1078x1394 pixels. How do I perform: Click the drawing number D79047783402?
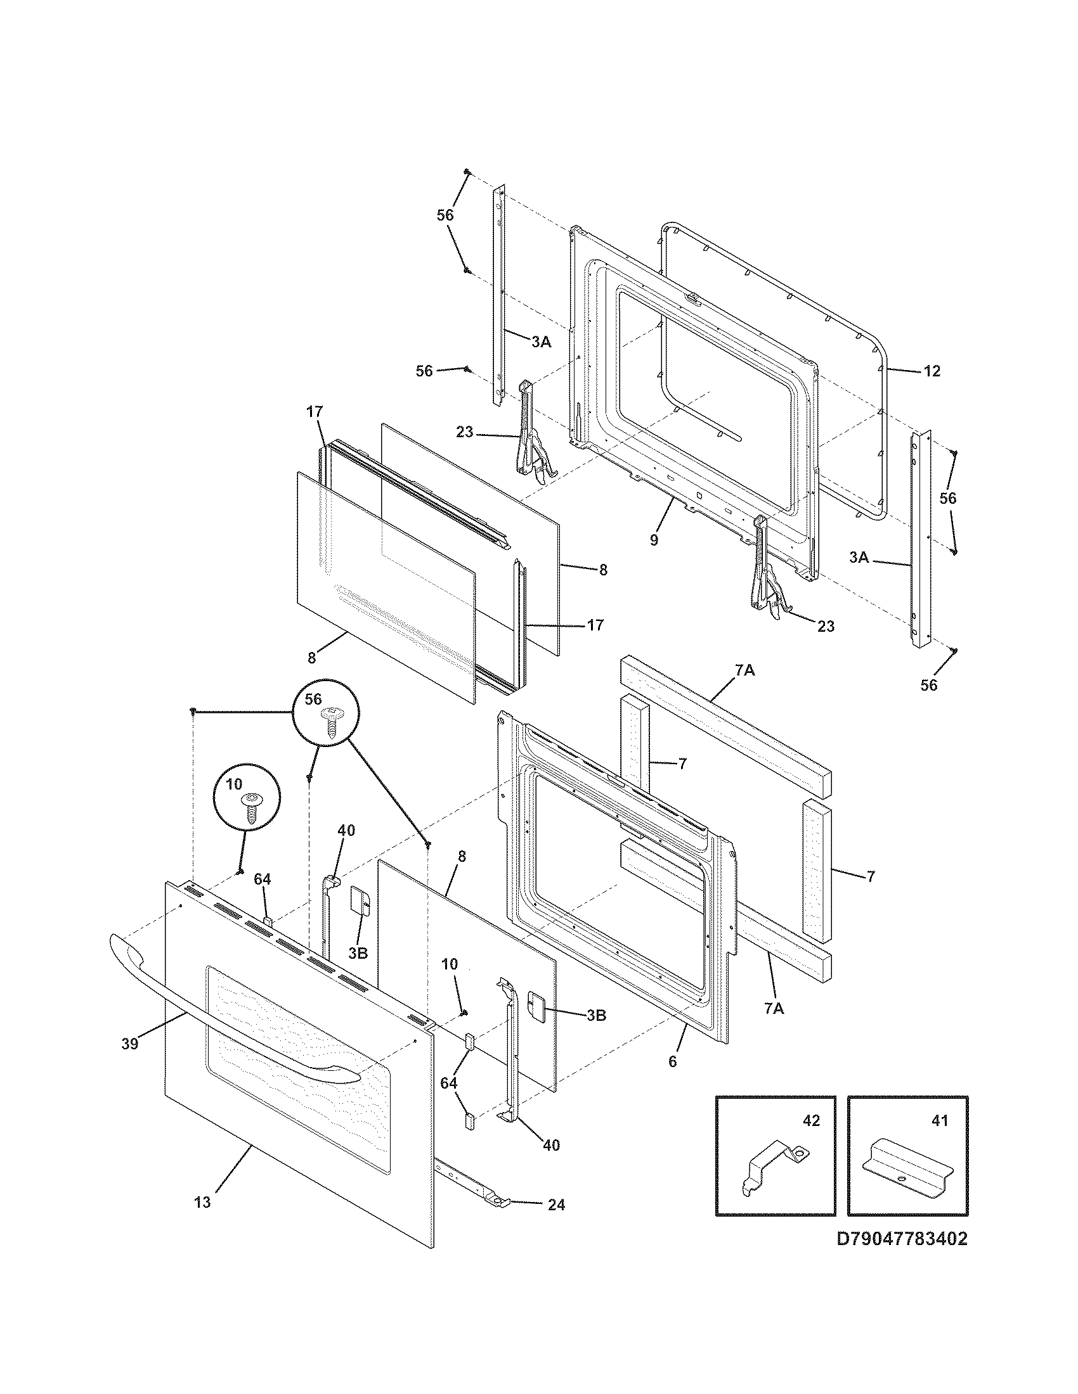click(902, 1257)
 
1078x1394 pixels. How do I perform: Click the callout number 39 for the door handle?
click(129, 1044)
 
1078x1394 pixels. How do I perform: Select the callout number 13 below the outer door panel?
click(202, 1203)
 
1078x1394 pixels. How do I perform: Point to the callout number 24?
click(555, 1205)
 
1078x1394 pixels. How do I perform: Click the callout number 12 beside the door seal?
click(932, 371)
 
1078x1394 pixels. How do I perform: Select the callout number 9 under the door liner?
click(653, 540)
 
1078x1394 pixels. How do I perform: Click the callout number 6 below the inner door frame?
click(672, 1061)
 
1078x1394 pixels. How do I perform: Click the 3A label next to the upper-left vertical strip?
click(541, 342)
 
